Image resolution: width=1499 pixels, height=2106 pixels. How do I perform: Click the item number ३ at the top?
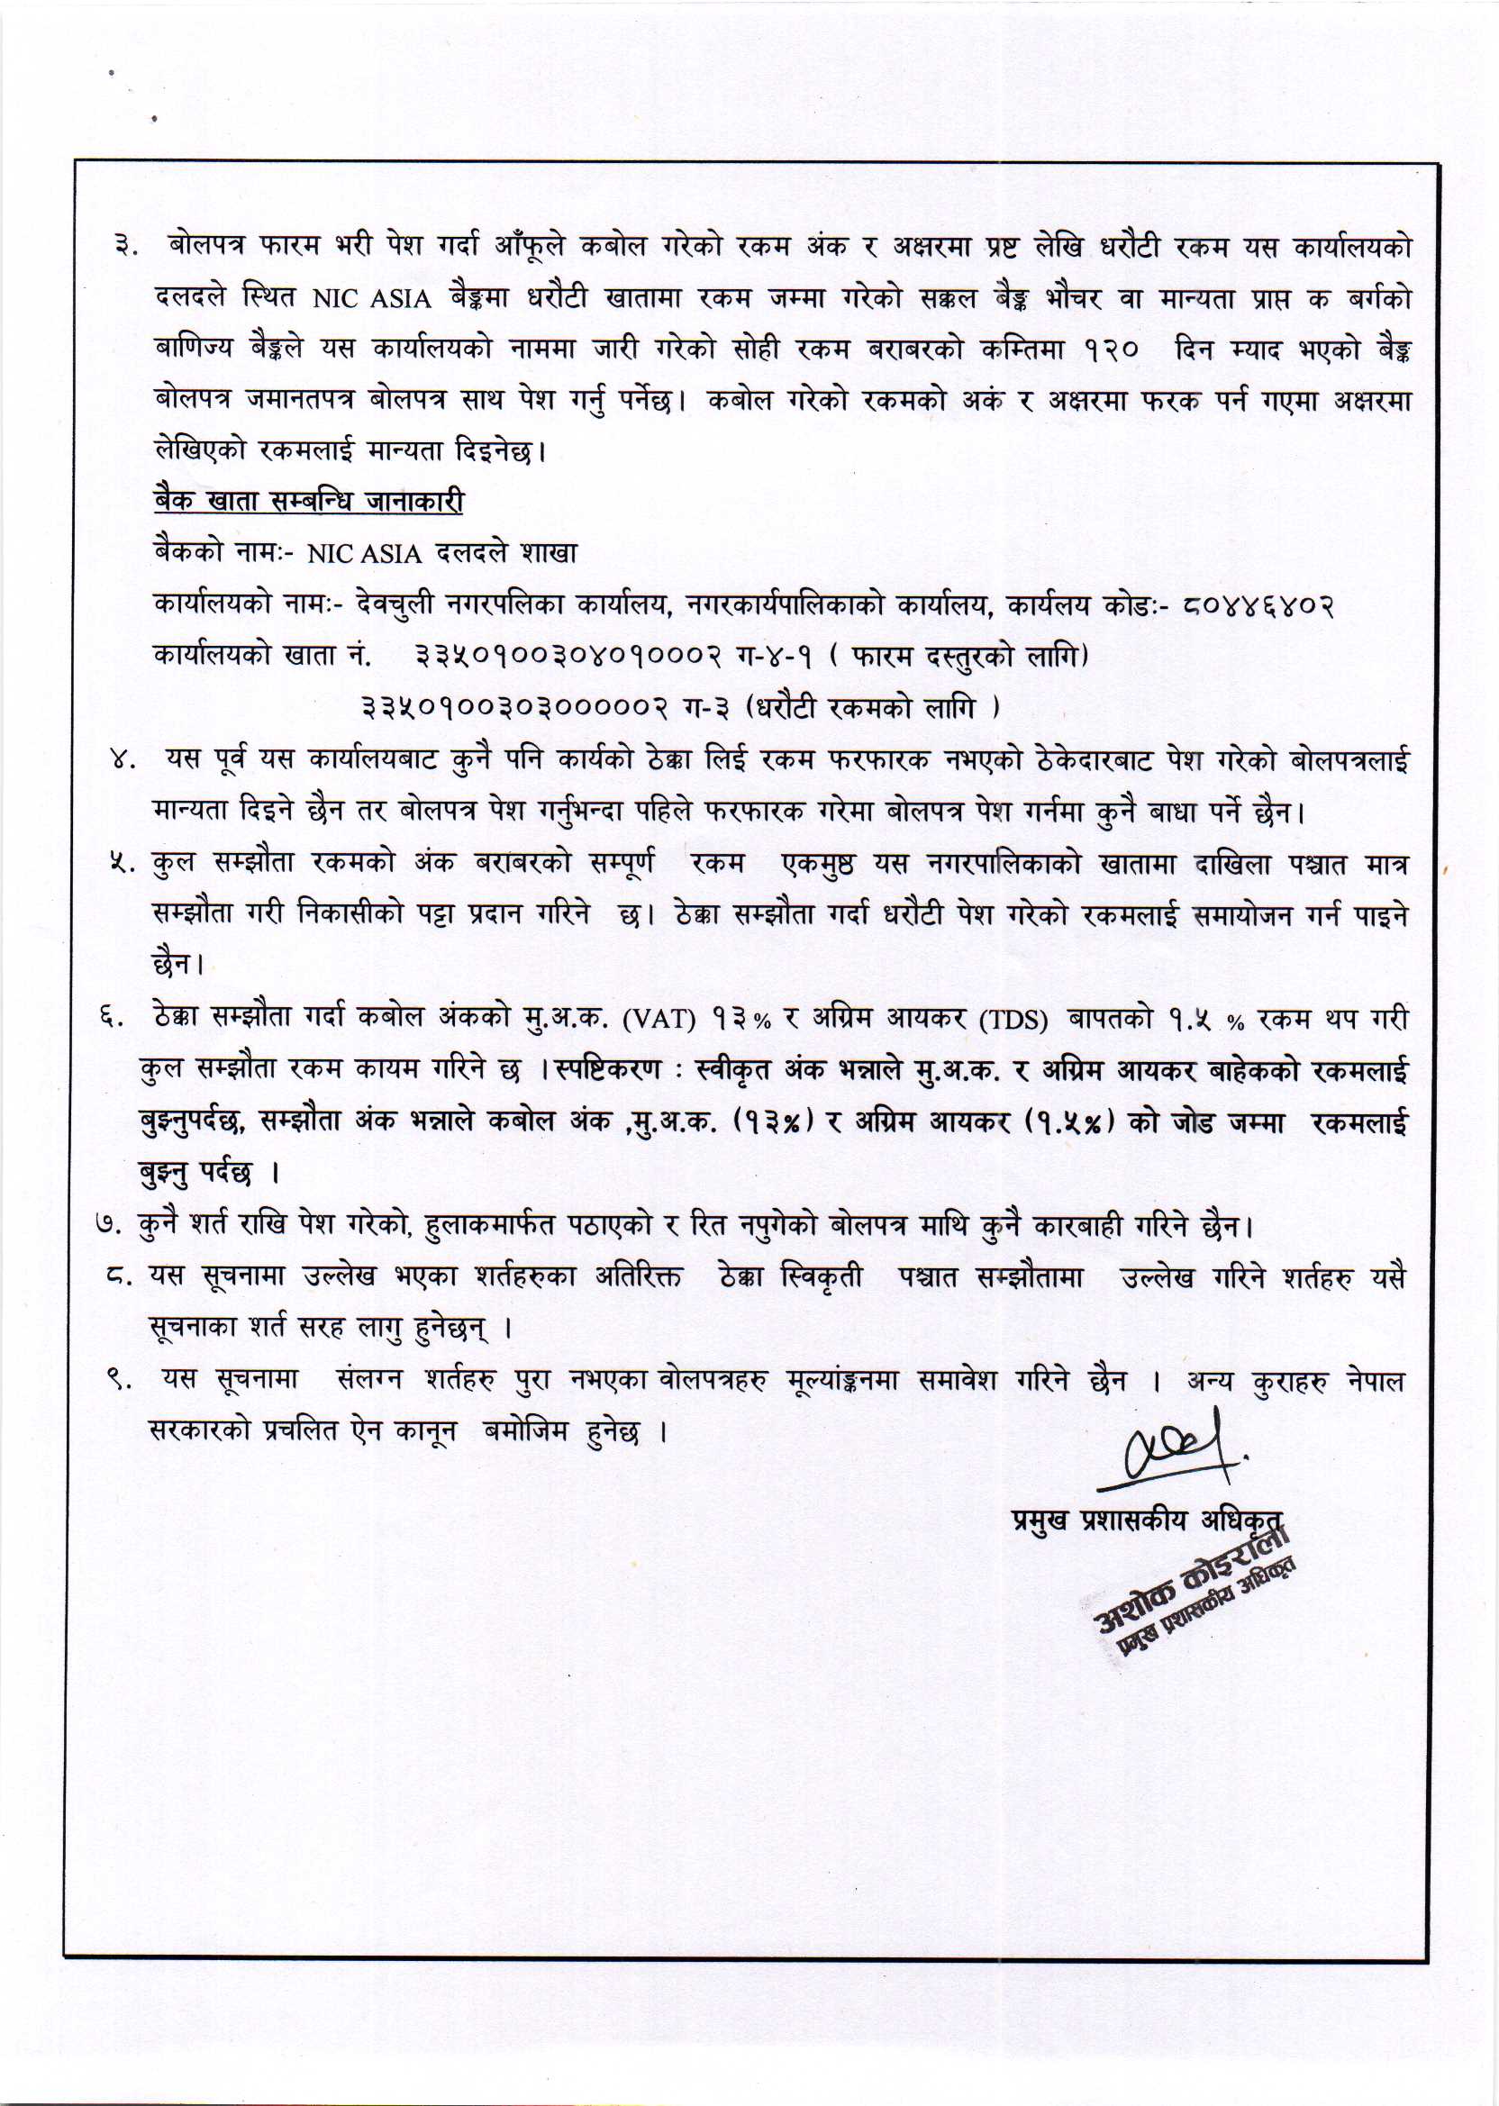[123, 250]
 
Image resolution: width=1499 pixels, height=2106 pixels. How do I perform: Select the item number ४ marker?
[123, 761]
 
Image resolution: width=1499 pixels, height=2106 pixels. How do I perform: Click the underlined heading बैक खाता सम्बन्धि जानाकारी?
[308, 501]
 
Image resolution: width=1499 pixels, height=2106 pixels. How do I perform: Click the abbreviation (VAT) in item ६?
[659, 1019]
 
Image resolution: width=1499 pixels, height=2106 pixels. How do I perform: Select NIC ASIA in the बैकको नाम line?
[364, 554]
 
